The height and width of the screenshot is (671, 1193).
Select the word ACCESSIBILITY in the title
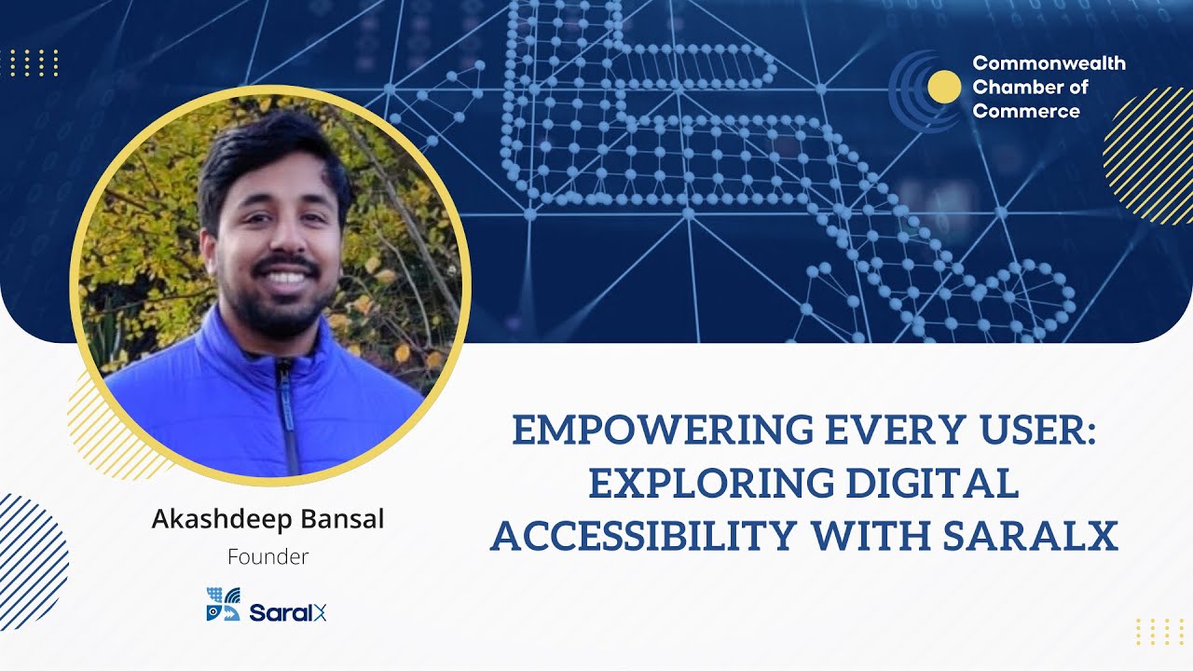tap(643, 536)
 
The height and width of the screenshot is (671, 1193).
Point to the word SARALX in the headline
tap(1031, 536)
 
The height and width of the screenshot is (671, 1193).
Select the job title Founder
tap(267, 557)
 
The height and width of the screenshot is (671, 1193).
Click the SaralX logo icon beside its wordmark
tap(223, 604)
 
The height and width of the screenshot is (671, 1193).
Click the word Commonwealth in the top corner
tap(1049, 63)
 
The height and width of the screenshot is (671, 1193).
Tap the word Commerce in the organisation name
tap(1026, 112)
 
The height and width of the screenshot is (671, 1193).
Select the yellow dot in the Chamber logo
tap(944, 87)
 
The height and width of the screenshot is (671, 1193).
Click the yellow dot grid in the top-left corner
tap(34, 62)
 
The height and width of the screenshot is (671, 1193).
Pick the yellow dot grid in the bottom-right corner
tap(1159, 631)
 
